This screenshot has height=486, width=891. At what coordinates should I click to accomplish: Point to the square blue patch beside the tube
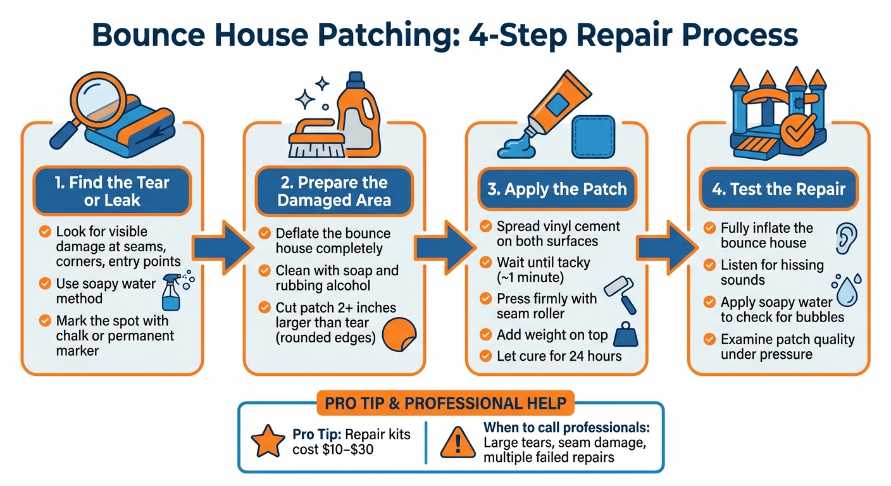point(593,137)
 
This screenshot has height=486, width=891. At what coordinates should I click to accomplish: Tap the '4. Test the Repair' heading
point(778,189)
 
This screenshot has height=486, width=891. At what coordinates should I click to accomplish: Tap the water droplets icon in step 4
point(845,287)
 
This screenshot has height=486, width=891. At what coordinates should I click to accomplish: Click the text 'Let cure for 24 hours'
point(559,356)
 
